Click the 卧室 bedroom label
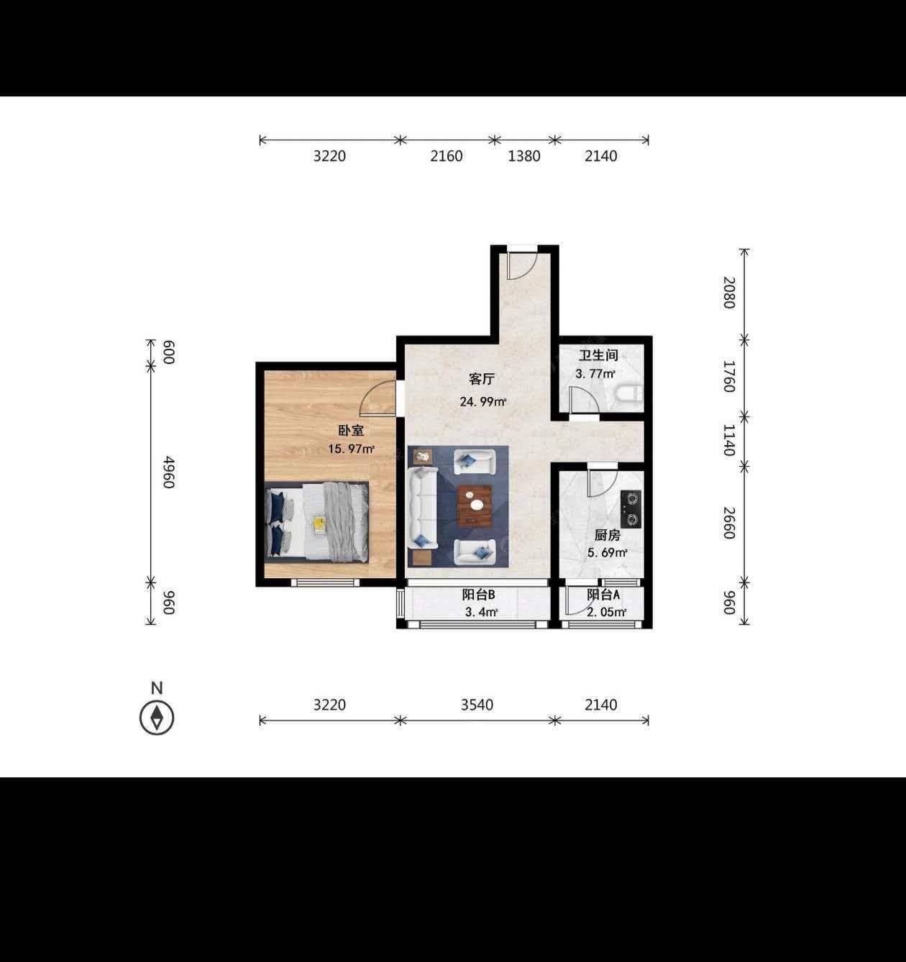coord(351,430)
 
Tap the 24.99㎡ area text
coord(483,402)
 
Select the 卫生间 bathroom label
coord(598,356)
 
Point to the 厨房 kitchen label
coord(607,535)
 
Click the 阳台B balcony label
coord(478,595)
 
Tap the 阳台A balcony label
coord(604,595)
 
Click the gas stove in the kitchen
coord(631,508)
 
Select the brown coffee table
coord(475,505)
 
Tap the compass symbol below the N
coord(157,718)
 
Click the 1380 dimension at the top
coord(523,156)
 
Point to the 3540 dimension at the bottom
coord(477,705)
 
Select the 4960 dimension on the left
coord(168,472)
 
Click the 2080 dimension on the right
coord(729,293)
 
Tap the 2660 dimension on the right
coord(729,523)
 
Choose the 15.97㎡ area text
coord(352,449)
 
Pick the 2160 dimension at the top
coord(447,156)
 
